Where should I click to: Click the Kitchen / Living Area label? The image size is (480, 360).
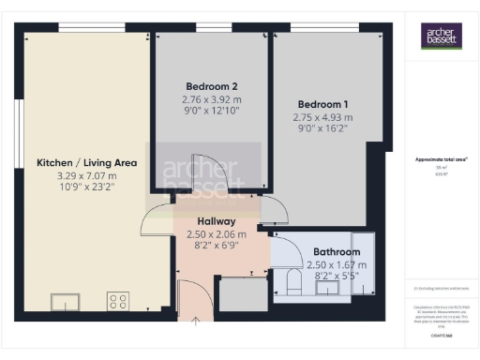pyautogui.click(x=87, y=162)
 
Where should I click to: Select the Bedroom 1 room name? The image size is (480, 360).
pyautogui.click(x=323, y=104)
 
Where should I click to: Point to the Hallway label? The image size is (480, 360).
pyautogui.click(x=216, y=221)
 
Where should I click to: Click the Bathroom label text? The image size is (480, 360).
pyautogui.click(x=337, y=252)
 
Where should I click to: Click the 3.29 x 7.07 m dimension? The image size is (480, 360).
pyautogui.click(x=87, y=175)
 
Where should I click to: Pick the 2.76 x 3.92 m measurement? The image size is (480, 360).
pyautogui.click(x=211, y=99)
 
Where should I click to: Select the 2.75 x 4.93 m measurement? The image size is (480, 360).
pyautogui.click(x=323, y=117)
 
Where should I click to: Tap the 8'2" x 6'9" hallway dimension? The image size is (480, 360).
pyautogui.click(x=216, y=246)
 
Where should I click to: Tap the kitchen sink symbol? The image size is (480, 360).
pyautogui.click(x=67, y=301)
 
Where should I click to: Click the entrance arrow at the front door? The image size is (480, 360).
pyautogui.click(x=196, y=322)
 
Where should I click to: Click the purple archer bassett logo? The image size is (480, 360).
pyautogui.click(x=439, y=37)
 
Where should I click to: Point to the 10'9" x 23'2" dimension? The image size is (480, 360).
pyautogui.click(x=87, y=187)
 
